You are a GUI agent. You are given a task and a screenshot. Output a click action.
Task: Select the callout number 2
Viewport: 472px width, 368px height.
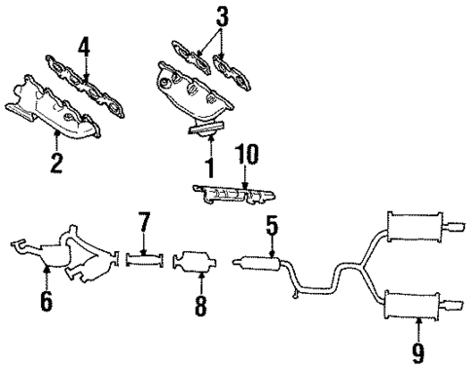click(55, 162)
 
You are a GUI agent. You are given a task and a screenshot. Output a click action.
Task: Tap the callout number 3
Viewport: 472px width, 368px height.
click(223, 16)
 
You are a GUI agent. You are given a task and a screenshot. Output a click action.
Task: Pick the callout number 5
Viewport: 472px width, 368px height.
click(271, 229)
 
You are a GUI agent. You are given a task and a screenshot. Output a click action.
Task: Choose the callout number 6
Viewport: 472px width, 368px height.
click(45, 303)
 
